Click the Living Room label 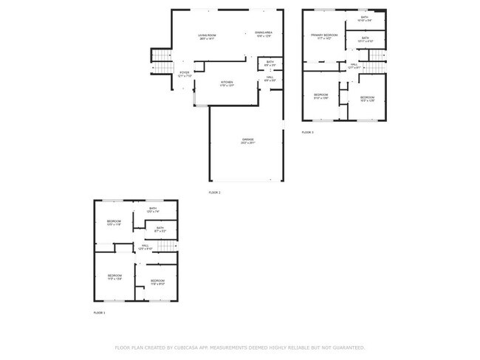tap(207, 36)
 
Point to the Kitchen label tap(227, 83)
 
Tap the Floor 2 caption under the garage tap(214, 193)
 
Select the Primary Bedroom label tap(325, 36)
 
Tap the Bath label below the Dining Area tap(270, 63)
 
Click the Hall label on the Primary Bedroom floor tap(354, 66)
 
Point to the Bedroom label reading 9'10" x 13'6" tap(320, 96)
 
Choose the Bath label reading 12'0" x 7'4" tap(153, 210)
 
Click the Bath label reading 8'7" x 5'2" tap(160, 229)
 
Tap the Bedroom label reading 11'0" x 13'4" tap(114, 277)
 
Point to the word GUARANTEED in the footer tap(346, 347)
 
